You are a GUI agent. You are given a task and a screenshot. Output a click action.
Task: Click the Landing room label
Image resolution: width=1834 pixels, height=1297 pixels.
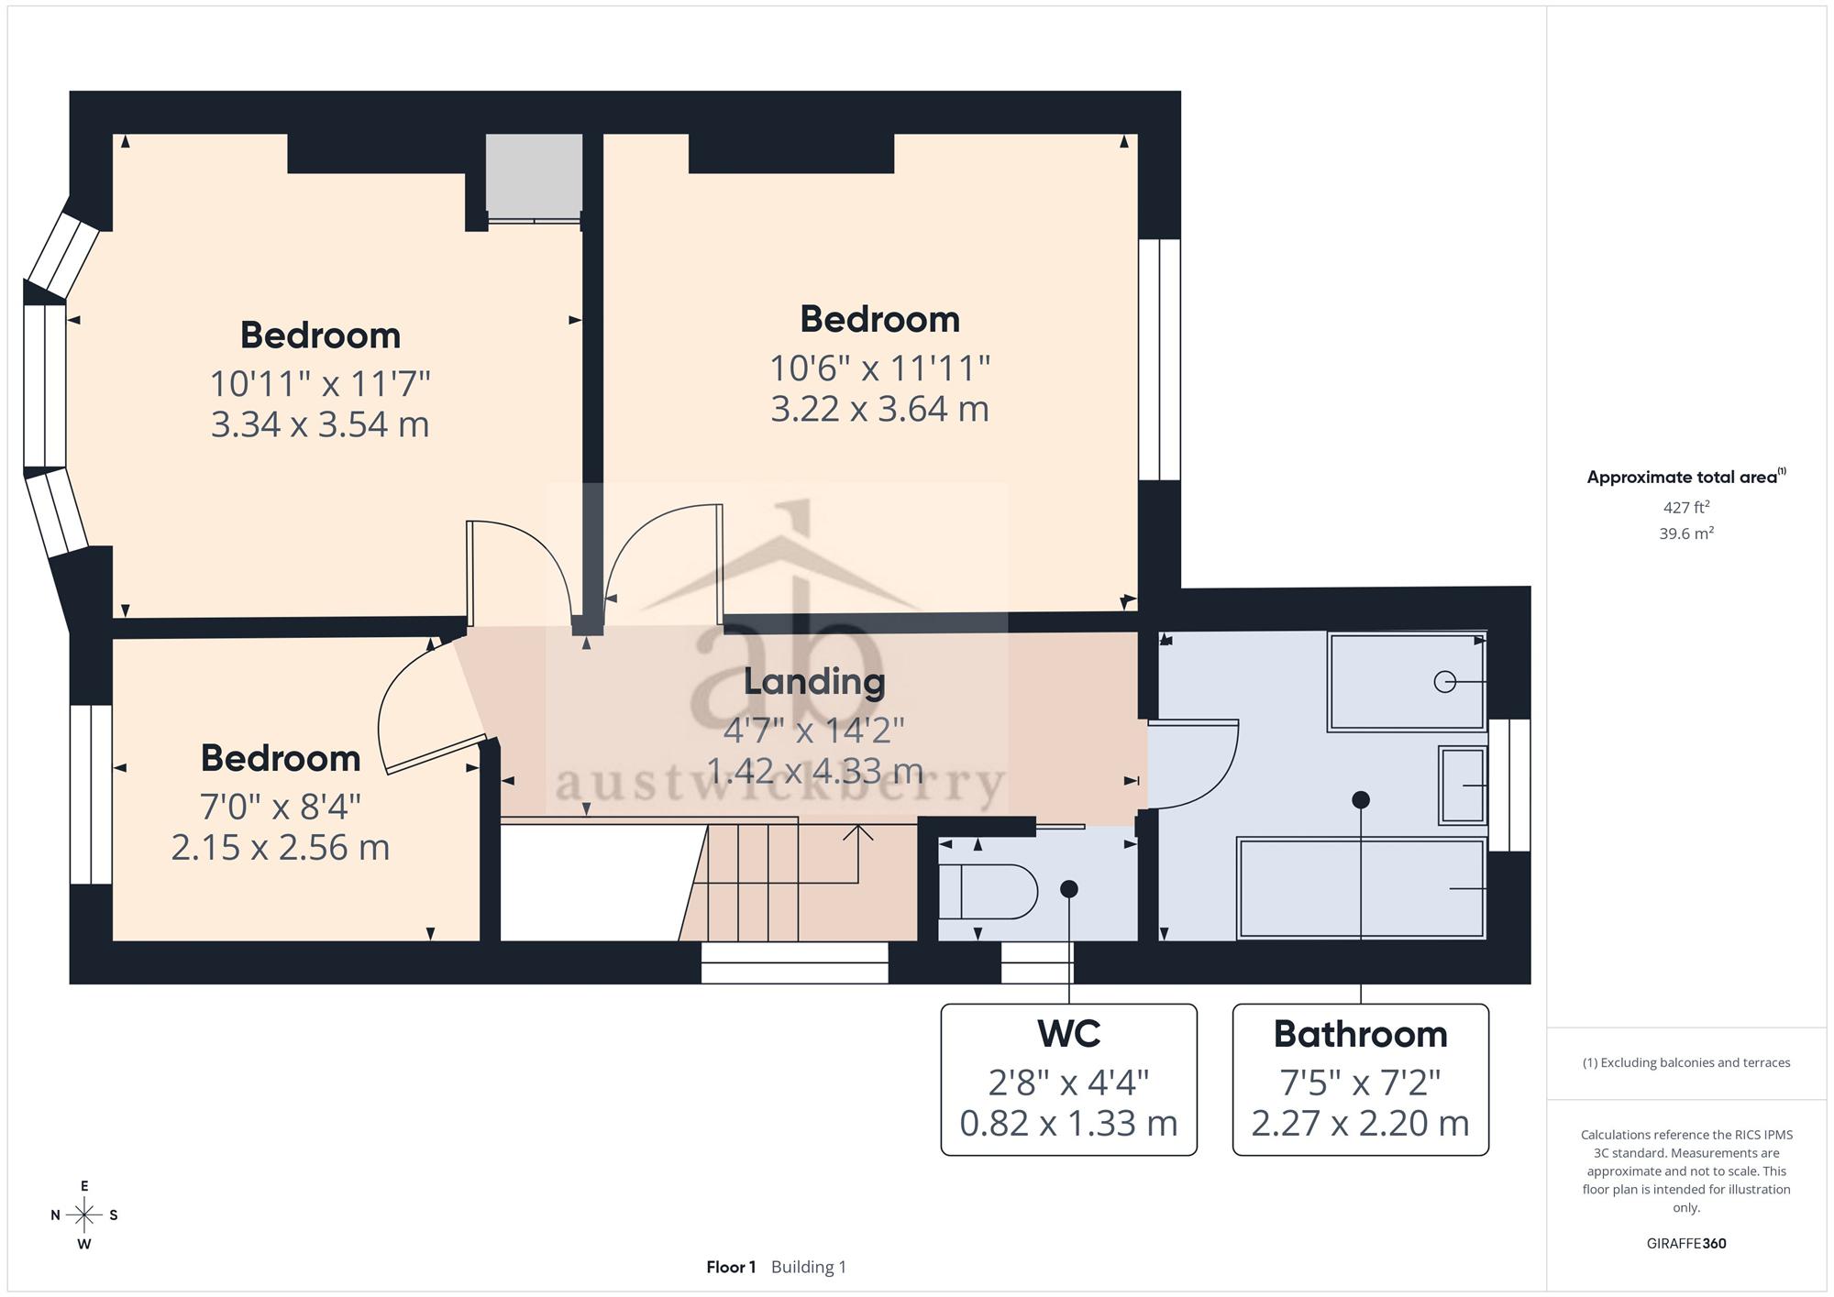(x=814, y=681)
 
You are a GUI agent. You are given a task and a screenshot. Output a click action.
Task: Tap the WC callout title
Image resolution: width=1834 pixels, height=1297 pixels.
(x=1069, y=1034)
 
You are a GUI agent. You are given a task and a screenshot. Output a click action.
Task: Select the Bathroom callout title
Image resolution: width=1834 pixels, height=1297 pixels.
(x=1361, y=1034)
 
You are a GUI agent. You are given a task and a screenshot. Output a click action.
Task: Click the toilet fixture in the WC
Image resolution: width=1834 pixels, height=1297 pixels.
(x=989, y=891)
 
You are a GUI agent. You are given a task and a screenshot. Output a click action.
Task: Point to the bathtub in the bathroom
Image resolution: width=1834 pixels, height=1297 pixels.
(x=1361, y=888)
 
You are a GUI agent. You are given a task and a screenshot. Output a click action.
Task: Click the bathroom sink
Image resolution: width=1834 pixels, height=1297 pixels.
(x=1463, y=786)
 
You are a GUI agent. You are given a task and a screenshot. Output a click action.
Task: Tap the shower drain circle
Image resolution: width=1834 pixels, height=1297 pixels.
(x=1445, y=682)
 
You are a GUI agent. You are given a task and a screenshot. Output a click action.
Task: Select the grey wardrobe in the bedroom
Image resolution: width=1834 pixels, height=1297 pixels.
(x=534, y=176)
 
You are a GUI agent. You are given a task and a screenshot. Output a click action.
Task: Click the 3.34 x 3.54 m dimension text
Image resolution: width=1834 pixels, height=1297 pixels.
(x=320, y=424)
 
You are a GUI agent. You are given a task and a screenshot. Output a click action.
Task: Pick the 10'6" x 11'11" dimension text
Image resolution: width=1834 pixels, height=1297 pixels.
(x=879, y=368)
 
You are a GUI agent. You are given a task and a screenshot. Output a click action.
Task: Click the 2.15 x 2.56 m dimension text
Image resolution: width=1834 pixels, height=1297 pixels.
(x=281, y=847)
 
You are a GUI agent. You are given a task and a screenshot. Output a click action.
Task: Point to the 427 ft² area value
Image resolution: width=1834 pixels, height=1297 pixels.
(x=1686, y=507)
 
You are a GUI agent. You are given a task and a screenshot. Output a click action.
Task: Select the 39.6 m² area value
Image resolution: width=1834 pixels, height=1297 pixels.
(x=1686, y=533)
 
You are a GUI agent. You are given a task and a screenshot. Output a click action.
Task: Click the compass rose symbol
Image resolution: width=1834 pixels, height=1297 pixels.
(x=84, y=1215)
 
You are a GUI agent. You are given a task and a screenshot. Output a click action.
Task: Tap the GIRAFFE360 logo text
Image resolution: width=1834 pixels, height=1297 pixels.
(x=1686, y=1244)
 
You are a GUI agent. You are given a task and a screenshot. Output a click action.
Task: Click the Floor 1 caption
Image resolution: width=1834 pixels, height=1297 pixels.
(x=731, y=1267)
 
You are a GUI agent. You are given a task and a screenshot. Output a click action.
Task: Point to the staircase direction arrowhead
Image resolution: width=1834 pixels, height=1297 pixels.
(x=858, y=831)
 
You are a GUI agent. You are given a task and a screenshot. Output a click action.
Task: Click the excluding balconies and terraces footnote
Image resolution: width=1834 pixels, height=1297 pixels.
(x=1686, y=1063)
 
